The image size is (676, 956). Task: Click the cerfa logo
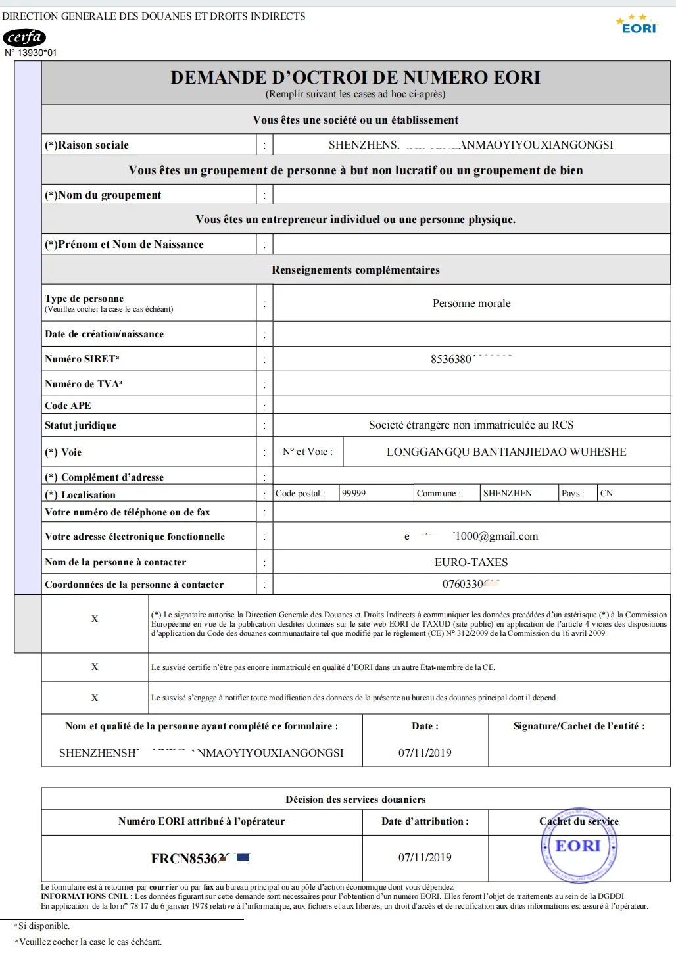[24, 37]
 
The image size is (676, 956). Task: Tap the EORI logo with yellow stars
[637, 24]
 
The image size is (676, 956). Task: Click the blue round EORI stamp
[579, 846]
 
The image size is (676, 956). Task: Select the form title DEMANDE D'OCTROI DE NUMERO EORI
[355, 78]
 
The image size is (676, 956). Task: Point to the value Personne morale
[471, 303]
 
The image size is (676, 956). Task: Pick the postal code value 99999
[354, 493]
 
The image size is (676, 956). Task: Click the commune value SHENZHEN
[508, 493]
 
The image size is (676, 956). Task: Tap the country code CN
[606, 493]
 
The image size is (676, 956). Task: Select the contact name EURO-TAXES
[471, 562]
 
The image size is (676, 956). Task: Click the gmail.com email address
[471, 537]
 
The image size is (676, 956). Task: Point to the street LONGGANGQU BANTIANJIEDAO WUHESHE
[506, 452]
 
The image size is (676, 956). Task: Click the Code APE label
[68, 406]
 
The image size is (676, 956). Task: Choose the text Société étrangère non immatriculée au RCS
[471, 425]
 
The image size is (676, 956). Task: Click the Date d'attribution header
[425, 821]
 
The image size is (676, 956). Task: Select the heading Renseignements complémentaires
[356, 270]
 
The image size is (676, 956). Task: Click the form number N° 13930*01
[31, 53]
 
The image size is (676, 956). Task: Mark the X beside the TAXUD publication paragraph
[95, 619]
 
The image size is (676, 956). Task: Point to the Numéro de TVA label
[84, 384]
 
